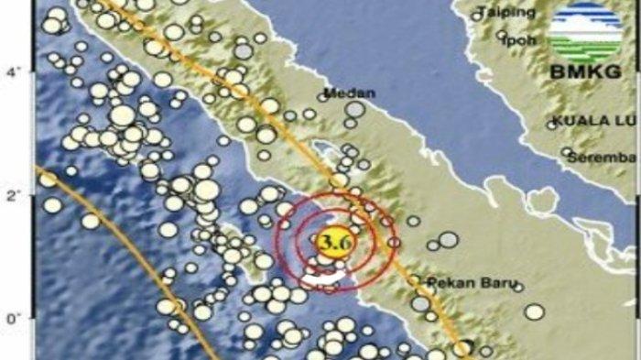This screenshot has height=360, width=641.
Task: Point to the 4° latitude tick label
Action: tap(12, 70)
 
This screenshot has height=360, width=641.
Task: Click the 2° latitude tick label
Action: tap(12, 194)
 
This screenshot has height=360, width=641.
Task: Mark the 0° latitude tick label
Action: tap(12, 319)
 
